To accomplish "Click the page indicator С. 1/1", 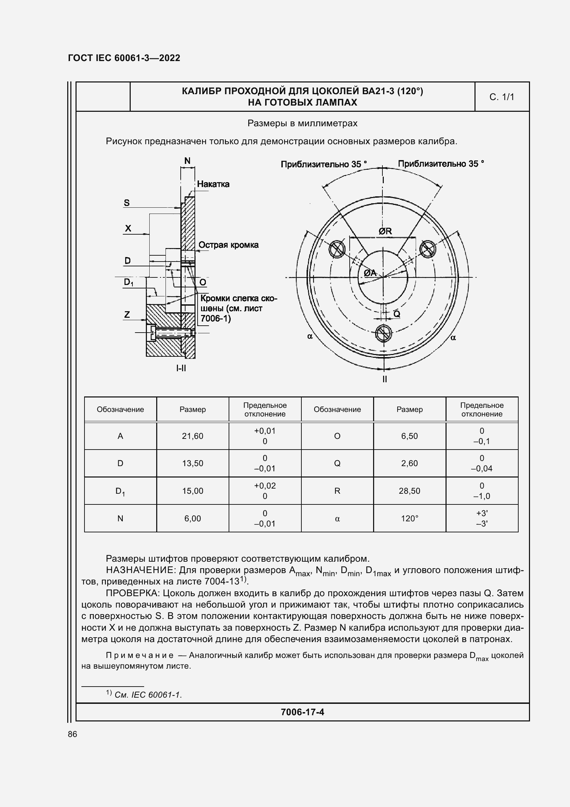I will [501, 97].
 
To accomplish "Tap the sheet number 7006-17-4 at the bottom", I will [302, 712].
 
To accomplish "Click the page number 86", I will [72, 734].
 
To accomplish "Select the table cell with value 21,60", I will [192, 436].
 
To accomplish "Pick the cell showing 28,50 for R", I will [409, 491].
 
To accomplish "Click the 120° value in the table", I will [409, 519].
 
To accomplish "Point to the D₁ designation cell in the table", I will [120, 491].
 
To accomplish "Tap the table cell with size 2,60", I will [409, 463].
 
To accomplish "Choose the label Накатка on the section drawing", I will [213, 184].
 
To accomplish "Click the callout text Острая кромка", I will [228, 245].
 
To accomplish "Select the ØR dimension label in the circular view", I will [385, 231].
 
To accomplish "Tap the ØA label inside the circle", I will [369, 273].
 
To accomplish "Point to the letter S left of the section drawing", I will [127, 203].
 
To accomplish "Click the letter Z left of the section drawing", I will [127, 315].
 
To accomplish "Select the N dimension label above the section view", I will [187, 161].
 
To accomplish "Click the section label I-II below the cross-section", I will [181, 368].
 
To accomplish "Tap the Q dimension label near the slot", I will [397, 314].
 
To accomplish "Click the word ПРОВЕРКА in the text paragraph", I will [132, 594].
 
